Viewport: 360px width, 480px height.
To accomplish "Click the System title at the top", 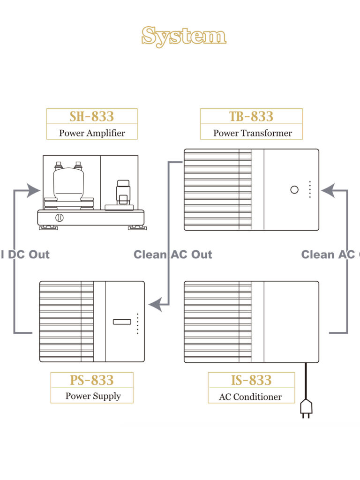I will click(x=184, y=36).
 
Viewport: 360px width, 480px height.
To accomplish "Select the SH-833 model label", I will click(x=92, y=116).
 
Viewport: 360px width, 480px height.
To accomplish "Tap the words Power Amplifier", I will click(x=92, y=133).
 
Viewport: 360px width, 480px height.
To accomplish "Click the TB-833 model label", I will click(x=251, y=116).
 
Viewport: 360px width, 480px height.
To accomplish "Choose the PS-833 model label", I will click(x=92, y=380).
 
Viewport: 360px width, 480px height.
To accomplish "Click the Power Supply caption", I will click(x=93, y=396).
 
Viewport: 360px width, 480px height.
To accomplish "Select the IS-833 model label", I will click(x=251, y=380).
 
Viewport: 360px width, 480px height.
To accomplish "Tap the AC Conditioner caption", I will click(x=250, y=397).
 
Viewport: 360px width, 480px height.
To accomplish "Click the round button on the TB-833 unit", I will click(x=294, y=190).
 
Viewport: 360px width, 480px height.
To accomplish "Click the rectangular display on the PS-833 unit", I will click(x=122, y=322).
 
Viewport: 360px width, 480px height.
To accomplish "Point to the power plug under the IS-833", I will click(x=306, y=407).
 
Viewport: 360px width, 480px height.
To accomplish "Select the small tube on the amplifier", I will click(x=123, y=192).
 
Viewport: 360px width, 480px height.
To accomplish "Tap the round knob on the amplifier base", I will click(x=59, y=217).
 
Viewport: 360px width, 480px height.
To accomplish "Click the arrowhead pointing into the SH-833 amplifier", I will click(x=33, y=190).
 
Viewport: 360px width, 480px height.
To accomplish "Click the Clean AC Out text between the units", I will click(x=172, y=255).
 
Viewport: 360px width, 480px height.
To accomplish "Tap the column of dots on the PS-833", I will click(x=137, y=323).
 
